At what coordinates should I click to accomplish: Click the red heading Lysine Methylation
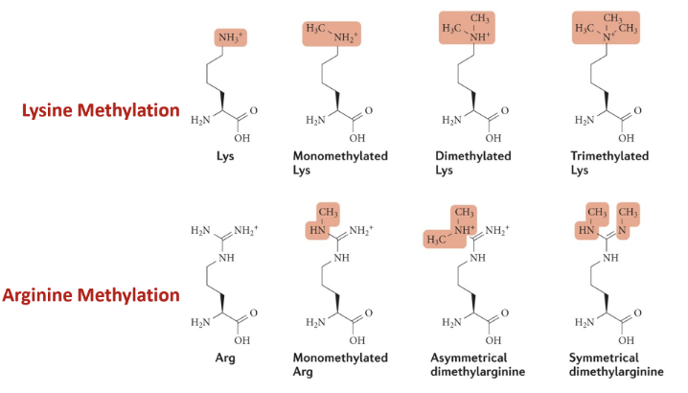[101, 111]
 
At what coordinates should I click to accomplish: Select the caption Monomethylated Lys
[340, 162]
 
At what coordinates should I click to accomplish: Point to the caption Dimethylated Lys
[470, 162]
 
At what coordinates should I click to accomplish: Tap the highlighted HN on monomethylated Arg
[315, 231]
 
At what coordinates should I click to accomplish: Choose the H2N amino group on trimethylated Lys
[582, 121]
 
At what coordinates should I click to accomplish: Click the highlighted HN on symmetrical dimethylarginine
[585, 231]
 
